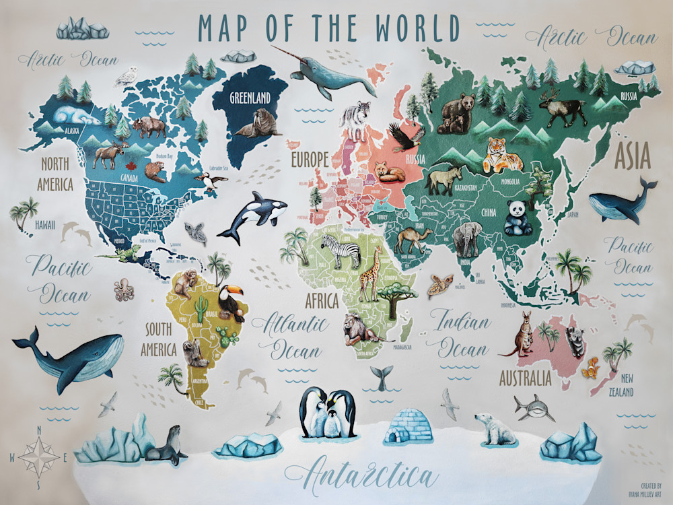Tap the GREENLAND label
pos(250,98)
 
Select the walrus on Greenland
pos(256,124)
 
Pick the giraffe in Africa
pos(369,273)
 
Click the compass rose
pos(38,457)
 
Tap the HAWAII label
pos(45,225)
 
